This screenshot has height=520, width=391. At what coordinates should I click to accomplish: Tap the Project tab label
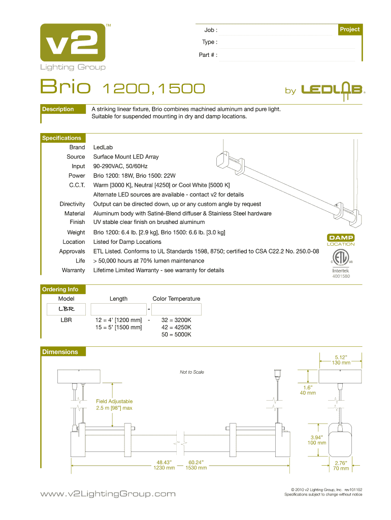[x=350, y=29]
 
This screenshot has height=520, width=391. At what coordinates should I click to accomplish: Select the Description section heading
[x=58, y=109]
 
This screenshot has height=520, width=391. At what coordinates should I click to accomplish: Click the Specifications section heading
[x=61, y=138]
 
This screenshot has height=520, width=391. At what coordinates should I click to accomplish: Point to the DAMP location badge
[x=341, y=240]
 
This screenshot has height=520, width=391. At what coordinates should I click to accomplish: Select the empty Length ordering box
[x=118, y=309]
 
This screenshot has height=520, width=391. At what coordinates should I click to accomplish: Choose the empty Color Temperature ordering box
[x=176, y=309]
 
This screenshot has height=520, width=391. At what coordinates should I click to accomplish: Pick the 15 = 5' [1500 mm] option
[x=118, y=328]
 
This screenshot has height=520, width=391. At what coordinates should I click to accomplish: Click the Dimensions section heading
[x=60, y=352]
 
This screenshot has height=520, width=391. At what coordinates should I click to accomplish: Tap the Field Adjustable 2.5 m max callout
[x=114, y=404]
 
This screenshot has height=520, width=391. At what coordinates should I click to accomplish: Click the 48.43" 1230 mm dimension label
[x=164, y=465]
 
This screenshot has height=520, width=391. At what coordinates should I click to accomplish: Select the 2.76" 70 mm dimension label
[x=341, y=465]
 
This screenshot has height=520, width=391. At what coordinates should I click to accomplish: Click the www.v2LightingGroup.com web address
[x=108, y=494]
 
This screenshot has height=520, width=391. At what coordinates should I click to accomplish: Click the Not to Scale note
[x=192, y=372]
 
